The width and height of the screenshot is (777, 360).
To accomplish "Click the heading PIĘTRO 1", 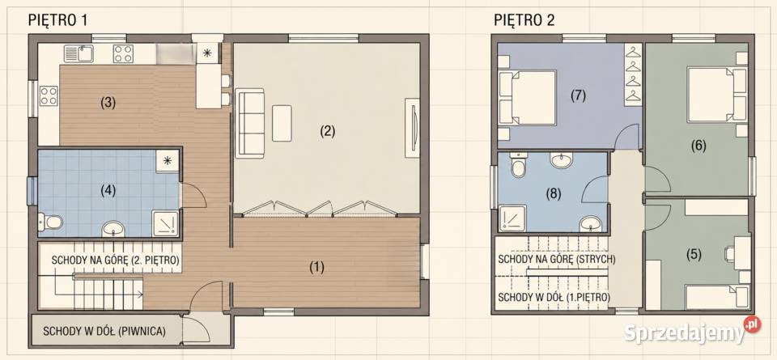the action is pyautogui.click(x=58, y=20).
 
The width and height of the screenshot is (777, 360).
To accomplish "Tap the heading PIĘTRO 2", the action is pyautogui.click(x=524, y=20).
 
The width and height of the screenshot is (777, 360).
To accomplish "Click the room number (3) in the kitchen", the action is pyautogui.click(x=108, y=103).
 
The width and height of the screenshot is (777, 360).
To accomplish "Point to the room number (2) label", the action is pyautogui.click(x=328, y=131).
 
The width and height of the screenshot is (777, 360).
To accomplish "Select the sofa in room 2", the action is pyautogui.click(x=250, y=123).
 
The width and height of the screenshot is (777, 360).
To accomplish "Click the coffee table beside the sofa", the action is pyautogui.click(x=282, y=123).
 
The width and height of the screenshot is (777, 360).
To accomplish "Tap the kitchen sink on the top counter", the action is pyautogui.click(x=79, y=53).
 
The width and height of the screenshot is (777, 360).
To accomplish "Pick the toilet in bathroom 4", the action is pyautogui.click(x=50, y=222).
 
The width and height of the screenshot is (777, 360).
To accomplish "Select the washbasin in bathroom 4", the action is pyautogui.click(x=114, y=229).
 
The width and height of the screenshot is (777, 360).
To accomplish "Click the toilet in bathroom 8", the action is pyautogui.click(x=518, y=165).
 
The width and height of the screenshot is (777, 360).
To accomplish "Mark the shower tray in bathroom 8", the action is pyautogui.click(x=511, y=219).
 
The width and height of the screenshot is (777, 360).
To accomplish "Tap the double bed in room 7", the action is pyautogui.click(x=527, y=98).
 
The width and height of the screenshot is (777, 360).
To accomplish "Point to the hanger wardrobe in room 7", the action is pyautogui.click(x=633, y=74).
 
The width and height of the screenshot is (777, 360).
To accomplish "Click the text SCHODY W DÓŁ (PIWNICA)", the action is pyautogui.click(x=104, y=331).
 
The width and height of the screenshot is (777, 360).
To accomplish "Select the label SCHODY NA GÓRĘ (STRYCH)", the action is pyautogui.click(x=557, y=259).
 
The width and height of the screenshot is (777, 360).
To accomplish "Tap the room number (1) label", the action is pyautogui.click(x=316, y=268).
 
